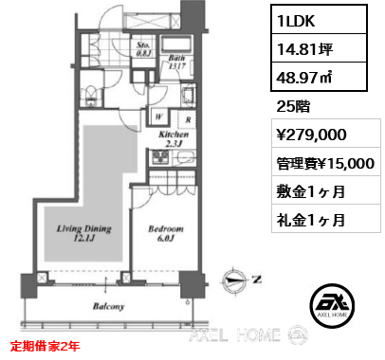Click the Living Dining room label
(x=84, y=234)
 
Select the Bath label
(x=176, y=59)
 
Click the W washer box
(x=158, y=120)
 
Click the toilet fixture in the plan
(x=88, y=94)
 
